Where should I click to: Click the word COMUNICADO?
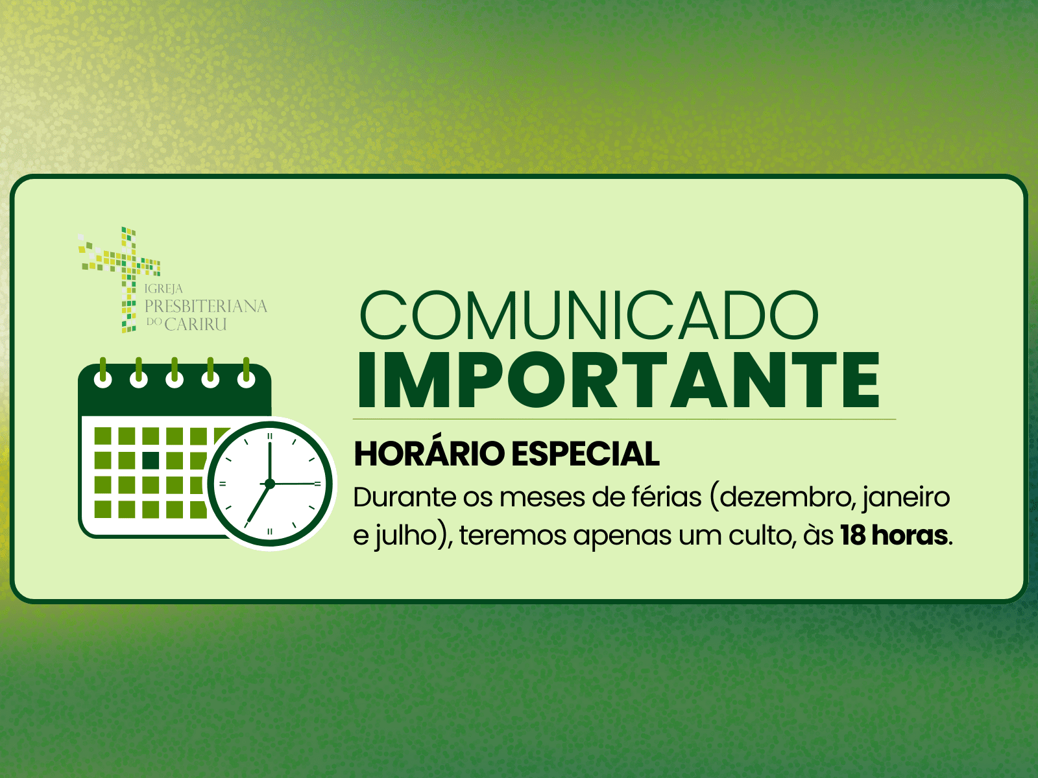(x=589, y=315)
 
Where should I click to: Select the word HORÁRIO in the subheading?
(x=429, y=453)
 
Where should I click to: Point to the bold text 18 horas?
(x=894, y=536)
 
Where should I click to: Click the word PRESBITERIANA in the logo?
(x=206, y=306)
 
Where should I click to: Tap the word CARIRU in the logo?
(x=195, y=324)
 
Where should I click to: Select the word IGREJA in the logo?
(x=163, y=289)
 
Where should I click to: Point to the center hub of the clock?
(x=269, y=484)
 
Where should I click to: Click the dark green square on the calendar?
(x=151, y=460)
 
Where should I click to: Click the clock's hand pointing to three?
(x=296, y=484)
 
